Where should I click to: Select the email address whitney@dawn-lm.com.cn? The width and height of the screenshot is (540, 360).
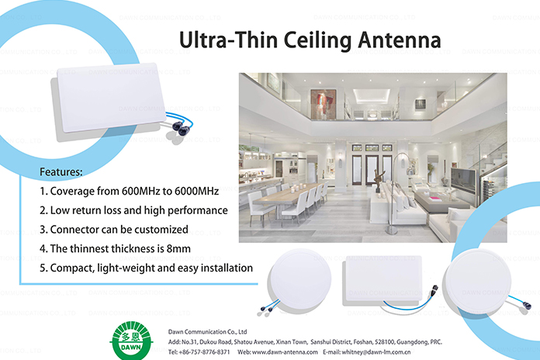[x=381, y=351]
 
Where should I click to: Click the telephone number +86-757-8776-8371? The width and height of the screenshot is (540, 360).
[x=203, y=351]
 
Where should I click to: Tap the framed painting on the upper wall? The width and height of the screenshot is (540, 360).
[x=322, y=101]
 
